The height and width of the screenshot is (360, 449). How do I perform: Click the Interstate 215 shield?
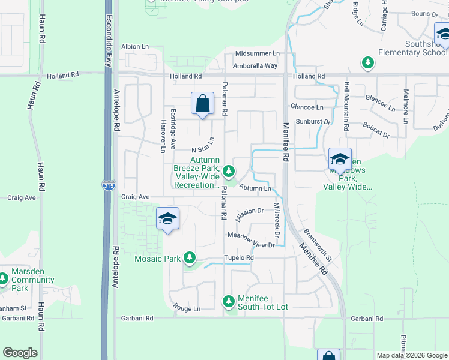point(109,186)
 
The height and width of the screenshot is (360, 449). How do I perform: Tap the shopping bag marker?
point(203,103)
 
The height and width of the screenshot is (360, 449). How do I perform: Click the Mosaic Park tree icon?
point(190,258)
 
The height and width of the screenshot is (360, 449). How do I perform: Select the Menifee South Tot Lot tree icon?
point(228,301)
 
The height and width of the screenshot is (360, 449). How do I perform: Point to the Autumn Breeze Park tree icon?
point(228,172)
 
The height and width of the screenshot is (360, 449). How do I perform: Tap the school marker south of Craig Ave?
point(168,218)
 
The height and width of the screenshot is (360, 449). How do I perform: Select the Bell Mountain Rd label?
point(346,107)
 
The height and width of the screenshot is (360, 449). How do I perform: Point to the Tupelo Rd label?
point(239,258)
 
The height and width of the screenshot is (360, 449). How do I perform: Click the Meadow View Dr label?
point(250,240)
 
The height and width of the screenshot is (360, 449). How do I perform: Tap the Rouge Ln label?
point(186,308)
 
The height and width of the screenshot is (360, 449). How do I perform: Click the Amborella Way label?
point(255,66)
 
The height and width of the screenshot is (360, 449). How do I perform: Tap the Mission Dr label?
point(250,212)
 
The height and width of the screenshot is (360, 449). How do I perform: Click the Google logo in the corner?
point(20,353)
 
